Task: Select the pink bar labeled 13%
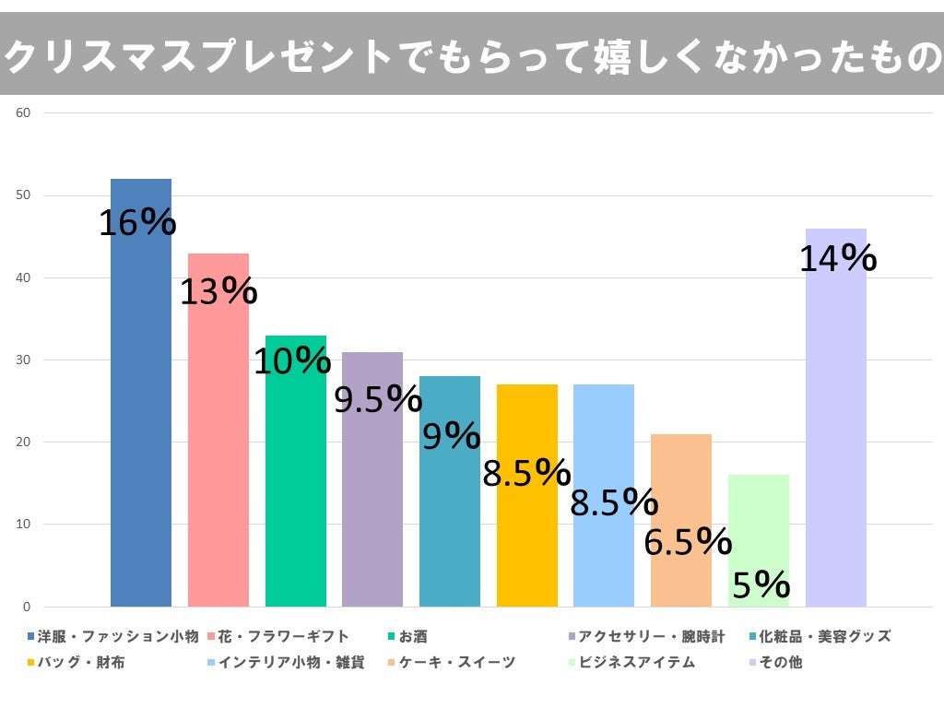click(x=218, y=442)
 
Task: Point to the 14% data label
click(x=837, y=259)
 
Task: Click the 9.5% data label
click(x=377, y=399)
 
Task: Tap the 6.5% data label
click(x=687, y=542)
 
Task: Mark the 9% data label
click(x=451, y=435)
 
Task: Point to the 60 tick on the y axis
click(x=24, y=113)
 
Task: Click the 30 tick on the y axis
click(x=24, y=360)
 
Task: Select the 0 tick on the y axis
click(x=27, y=607)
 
